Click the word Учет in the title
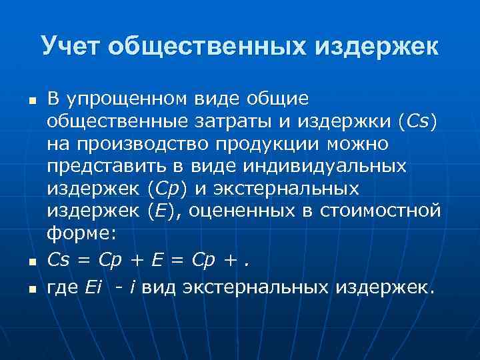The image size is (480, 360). (69, 46)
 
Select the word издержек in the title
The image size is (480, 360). (377, 46)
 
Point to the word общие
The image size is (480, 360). (278, 100)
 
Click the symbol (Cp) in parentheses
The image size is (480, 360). (159, 189)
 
